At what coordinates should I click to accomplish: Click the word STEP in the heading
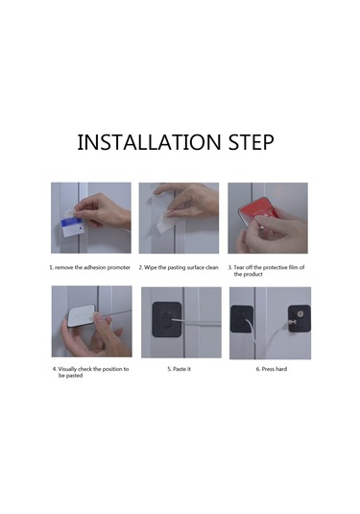(251, 142)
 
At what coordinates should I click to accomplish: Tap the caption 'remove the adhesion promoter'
(92, 267)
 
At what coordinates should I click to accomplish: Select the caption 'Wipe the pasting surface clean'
(181, 267)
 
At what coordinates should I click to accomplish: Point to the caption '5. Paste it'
(179, 369)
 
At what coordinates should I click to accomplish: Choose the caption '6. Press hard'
(272, 369)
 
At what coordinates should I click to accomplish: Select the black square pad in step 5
(167, 320)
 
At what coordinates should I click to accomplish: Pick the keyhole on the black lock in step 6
(300, 314)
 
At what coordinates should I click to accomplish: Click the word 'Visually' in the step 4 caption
(67, 369)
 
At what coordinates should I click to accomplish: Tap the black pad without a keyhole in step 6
(241, 319)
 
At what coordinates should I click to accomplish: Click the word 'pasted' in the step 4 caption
(75, 376)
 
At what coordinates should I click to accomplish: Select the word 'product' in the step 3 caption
(252, 275)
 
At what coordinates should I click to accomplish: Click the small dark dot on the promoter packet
(80, 227)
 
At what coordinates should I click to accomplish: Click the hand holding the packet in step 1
(105, 210)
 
